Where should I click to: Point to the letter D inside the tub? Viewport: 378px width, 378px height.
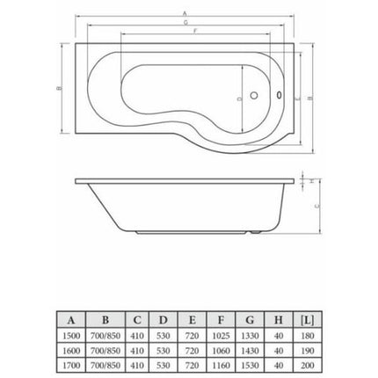pyautogui.click(x=239, y=99)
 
